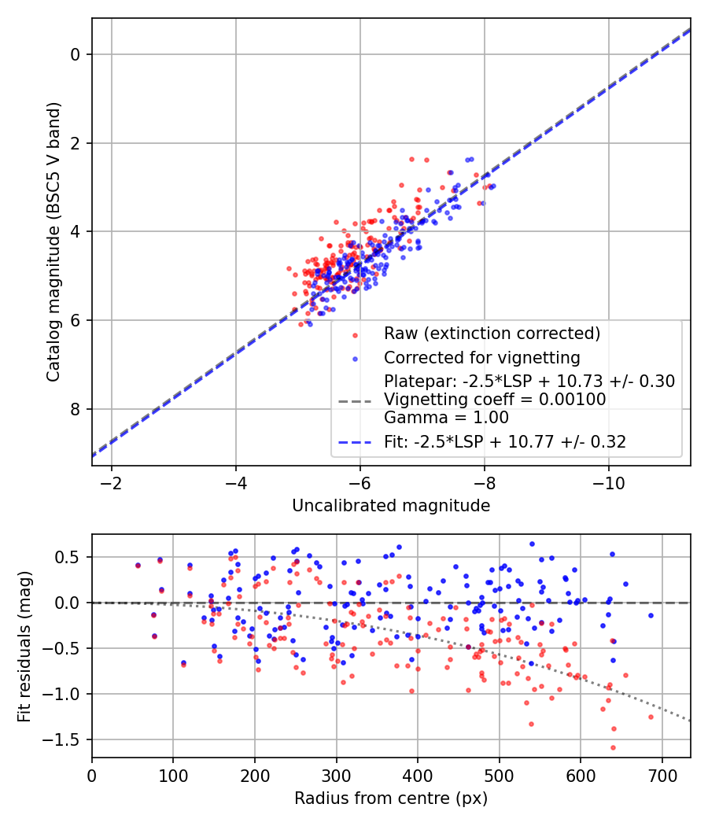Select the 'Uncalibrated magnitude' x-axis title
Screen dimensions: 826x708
391,506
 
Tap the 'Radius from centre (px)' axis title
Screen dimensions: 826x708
391,798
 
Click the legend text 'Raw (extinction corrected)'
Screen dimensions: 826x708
492,334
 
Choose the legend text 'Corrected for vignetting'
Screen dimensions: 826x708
481,358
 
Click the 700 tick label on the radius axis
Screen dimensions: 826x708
662,773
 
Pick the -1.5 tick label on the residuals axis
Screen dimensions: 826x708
67,739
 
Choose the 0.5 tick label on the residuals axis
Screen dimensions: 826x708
71,557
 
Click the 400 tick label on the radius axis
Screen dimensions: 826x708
418,773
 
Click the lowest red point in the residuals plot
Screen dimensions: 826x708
613,747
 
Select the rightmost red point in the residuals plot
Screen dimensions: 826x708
651,717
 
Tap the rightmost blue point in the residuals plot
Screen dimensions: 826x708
651,615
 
